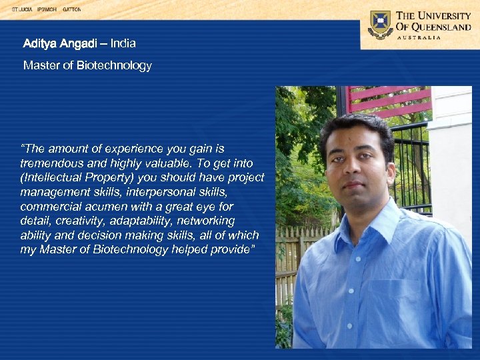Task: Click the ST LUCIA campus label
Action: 22,10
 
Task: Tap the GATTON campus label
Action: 71,10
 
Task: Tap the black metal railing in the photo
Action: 413,167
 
